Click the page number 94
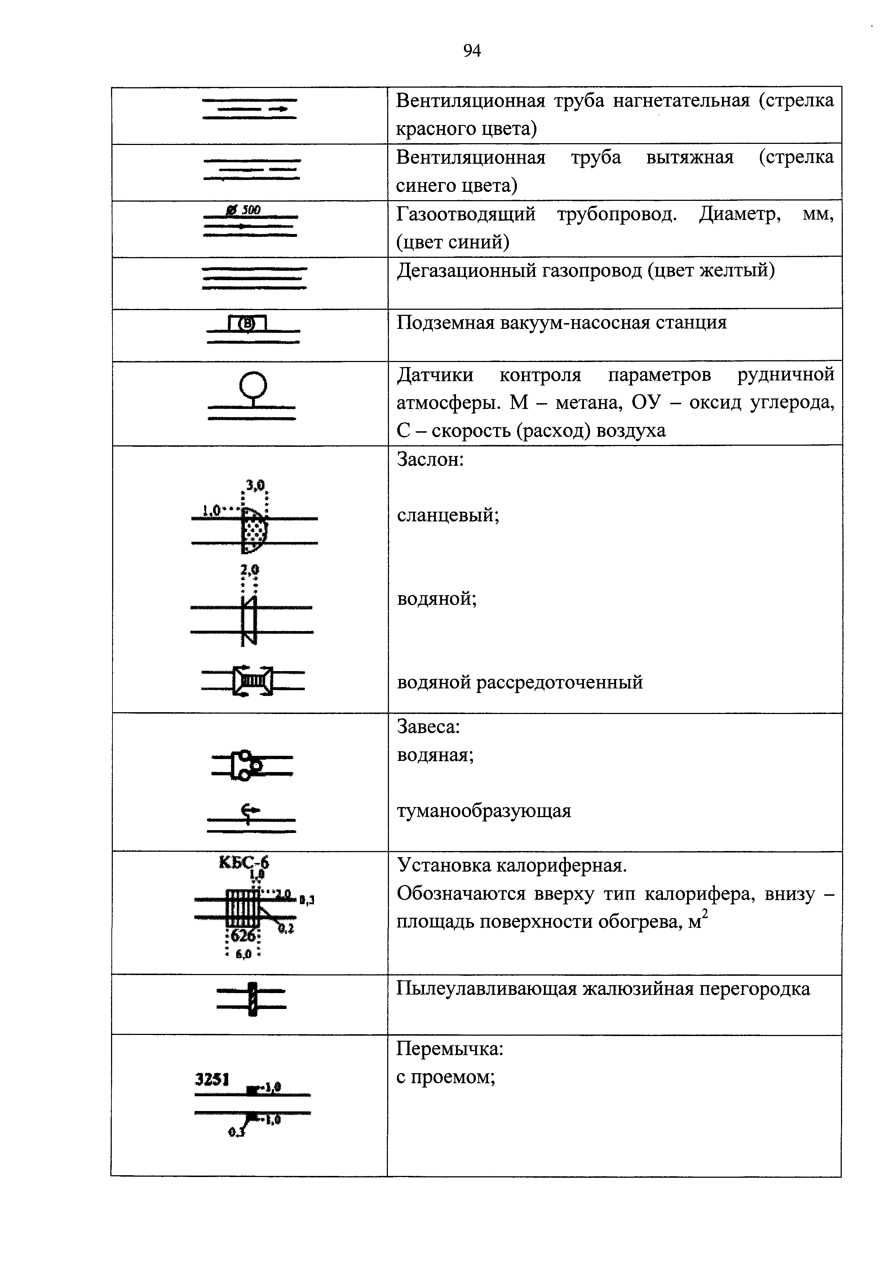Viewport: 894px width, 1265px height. pyautogui.click(x=472, y=51)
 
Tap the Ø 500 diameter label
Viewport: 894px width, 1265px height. pyautogui.click(x=243, y=210)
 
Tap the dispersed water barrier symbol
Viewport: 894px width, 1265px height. pyautogui.click(x=253, y=681)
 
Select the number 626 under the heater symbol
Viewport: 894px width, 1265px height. pyautogui.click(x=243, y=935)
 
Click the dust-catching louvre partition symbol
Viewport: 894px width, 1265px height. pyautogui.click(x=252, y=999)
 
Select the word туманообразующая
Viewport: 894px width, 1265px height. pyautogui.click(x=484, y=811)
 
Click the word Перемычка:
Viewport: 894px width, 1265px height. pyautogui.click(x=450, y=1049)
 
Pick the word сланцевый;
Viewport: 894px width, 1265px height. pyautogui.click(x=448, y=516)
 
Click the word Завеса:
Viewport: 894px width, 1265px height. pyautogui.click(x=428, y=727)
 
